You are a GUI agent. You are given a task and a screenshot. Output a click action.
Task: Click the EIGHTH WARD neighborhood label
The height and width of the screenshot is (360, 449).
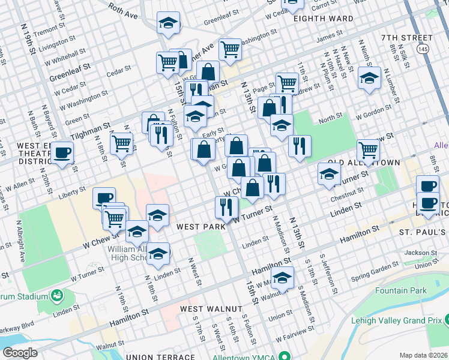(x=324, y=19)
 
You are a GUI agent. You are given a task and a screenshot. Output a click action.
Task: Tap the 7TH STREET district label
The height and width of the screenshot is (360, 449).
(x=406, y=38)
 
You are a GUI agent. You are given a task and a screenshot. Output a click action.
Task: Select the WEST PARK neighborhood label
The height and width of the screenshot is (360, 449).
(x=201, y=227)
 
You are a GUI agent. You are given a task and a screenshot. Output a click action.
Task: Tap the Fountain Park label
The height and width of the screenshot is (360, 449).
(x=400, y=291)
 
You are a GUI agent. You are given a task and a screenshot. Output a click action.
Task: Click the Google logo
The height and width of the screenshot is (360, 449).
(x=20, y=353)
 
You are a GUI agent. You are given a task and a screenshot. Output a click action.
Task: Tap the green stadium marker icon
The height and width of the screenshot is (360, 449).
(x=58, y=295)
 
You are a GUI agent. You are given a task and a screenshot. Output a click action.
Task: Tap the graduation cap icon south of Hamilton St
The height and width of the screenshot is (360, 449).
(x=282, y=277)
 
